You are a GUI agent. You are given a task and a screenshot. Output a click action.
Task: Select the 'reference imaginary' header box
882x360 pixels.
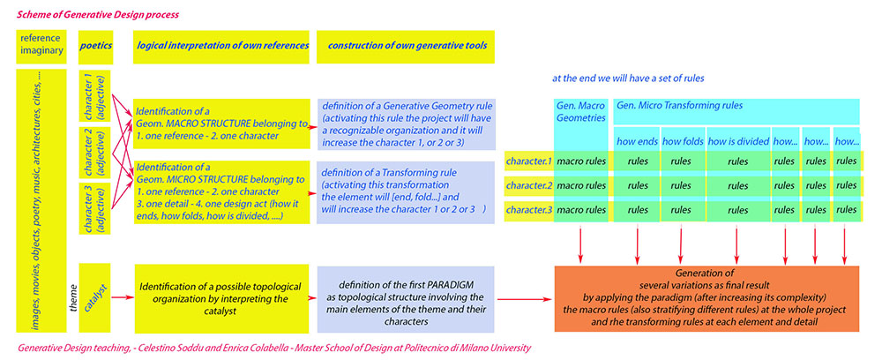click(x=41, y=45)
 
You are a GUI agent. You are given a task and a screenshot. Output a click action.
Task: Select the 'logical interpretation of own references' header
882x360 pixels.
click(x=221, y=45)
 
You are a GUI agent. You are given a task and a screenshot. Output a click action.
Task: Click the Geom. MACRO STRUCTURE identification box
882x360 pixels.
click(x=221, y=123)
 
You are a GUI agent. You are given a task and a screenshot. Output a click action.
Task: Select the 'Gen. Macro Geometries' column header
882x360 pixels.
click(x=581, y=112)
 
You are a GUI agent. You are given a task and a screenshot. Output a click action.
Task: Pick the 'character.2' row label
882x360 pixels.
click(x=528, y=186)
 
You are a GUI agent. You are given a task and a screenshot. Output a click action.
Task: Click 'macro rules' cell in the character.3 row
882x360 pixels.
click(x=581, y=212)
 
